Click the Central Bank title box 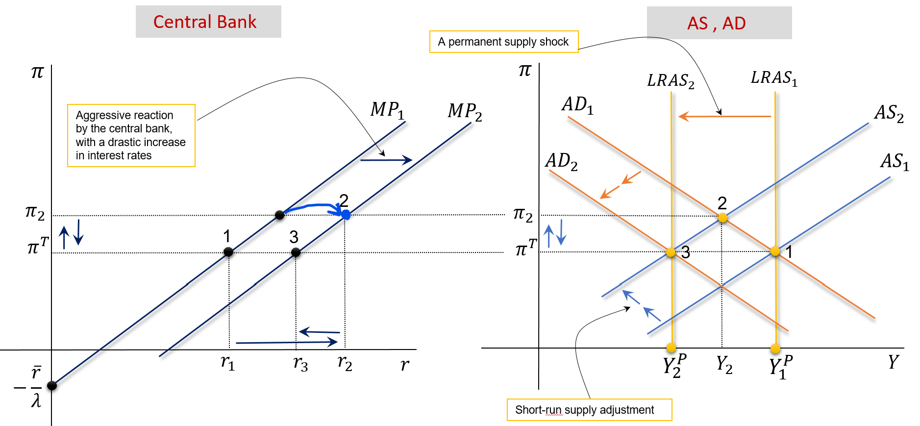pos(208,22)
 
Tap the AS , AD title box pos(719,23)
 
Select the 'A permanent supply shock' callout pos(504,42)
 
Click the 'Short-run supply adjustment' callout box pos(589,410)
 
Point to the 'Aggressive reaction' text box pos(131,135)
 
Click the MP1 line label pos(387,110)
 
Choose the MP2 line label pos(464,112)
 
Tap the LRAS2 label pos(671,81)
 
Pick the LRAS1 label pos(774,78)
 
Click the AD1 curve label pos(577,105)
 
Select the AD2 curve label pos(561,161)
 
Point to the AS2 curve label pos(889,113)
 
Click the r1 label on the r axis pos(227,363)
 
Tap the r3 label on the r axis pos(300,364)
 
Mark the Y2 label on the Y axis pos(724,364)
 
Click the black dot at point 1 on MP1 pos(228,252)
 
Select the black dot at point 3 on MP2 pos(296,252)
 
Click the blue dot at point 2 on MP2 pos(346,214)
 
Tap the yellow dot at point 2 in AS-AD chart pos(722,217)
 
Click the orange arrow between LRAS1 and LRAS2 pos(724,116)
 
